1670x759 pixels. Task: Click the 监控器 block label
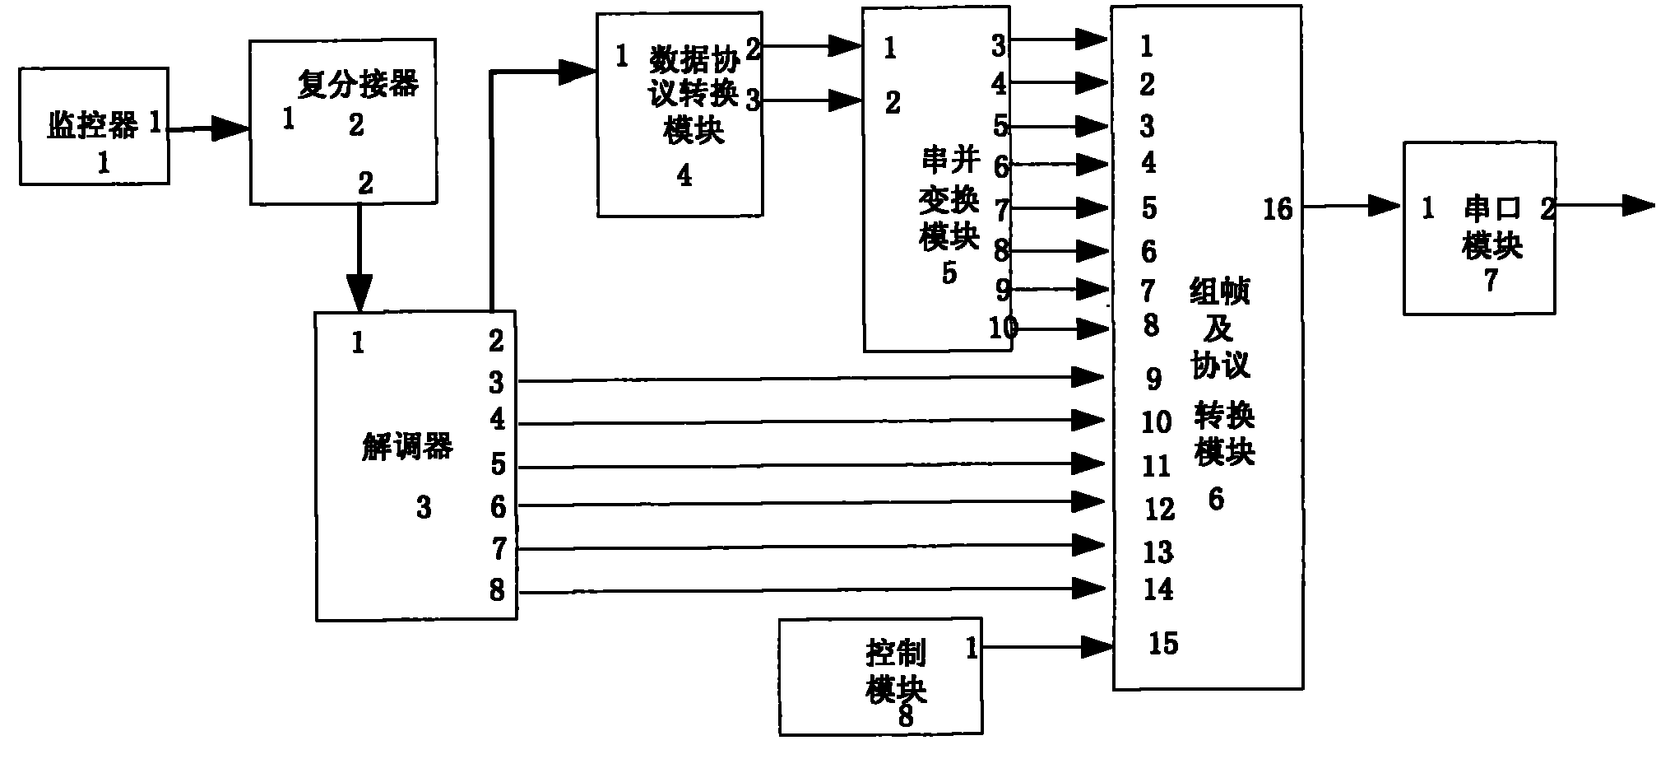92,126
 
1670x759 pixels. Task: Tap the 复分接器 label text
358,84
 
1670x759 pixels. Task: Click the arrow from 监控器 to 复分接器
209,128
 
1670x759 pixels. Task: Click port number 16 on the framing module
1278,209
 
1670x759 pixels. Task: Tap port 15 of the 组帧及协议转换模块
1163,643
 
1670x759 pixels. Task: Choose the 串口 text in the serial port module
1493,209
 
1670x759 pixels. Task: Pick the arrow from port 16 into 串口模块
1352,207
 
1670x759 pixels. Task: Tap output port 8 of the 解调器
497,589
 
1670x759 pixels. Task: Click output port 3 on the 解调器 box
496,382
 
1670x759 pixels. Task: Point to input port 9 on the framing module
1154,379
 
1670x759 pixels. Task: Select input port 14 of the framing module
1158,589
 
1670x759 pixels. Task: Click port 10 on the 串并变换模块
1004,328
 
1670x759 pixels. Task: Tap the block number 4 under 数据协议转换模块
684,175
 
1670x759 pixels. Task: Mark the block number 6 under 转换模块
1216,499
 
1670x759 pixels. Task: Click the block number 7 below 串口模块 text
1491,281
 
